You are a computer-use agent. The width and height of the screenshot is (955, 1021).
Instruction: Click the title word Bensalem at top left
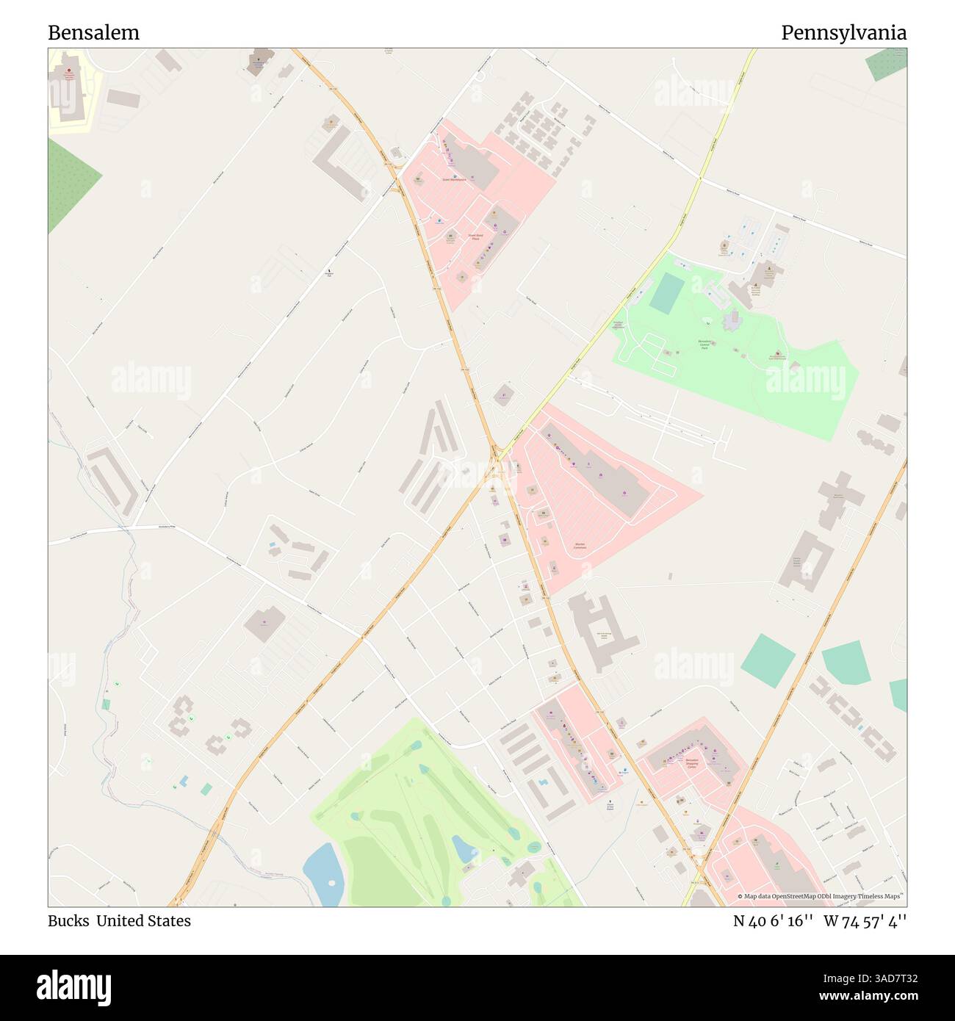[93, 33]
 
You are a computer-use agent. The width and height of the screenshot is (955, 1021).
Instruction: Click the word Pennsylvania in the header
[843, 33]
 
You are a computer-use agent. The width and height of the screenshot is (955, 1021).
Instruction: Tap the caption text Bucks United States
[119, 921]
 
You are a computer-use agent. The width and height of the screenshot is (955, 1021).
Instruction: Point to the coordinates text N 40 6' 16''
[772, 921]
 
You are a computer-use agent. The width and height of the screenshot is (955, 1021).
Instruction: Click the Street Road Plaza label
[475, 237]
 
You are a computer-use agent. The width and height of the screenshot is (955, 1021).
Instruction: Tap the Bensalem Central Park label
[704, 344]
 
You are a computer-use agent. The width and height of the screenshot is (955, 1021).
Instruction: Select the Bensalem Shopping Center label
[691, 763]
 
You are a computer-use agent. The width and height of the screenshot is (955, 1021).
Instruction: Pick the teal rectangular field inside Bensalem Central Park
[666, 292]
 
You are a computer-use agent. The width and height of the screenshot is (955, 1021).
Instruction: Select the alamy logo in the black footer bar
[73, 986]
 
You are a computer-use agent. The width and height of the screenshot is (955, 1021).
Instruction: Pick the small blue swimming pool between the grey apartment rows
[541, 782]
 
